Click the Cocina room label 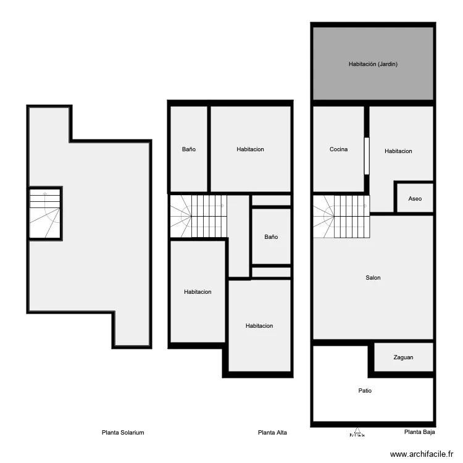tap(338, 149)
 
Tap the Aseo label tap(415, 199)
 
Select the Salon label tap(373, 278)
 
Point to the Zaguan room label tap(403, 357)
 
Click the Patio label tap(365, 391)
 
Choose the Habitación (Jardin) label tap(373, 64)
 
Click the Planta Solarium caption tap(123, 433)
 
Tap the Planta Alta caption tap(272, 433)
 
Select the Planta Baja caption tap(419, 433)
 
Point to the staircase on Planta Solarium tap(45, 214)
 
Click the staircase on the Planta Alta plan tap(198, 216)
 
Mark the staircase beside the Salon tap(341, 216)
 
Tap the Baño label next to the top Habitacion tap(189, 149)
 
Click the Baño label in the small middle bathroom tap(271, 237)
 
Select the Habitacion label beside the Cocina tap(398, 151)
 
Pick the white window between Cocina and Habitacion tap(366, 155)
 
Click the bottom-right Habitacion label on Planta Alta tap(259, 326)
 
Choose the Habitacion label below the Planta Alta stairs tap(198, 292)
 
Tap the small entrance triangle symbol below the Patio tap(357, 432)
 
